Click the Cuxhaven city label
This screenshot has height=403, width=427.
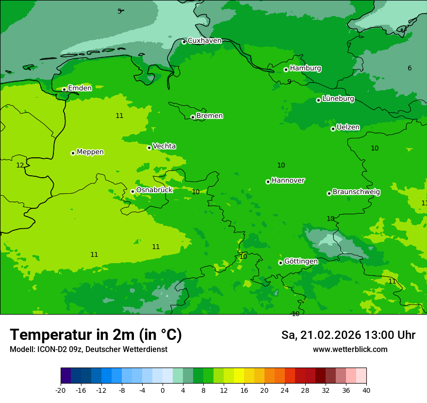[x=204, y=41]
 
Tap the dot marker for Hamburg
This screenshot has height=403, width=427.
[x=286, y=69]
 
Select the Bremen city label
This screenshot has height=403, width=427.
[x=210, y=116]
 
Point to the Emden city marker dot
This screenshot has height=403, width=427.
[x=64, y=89]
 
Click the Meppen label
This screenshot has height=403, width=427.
[x=90, y=152]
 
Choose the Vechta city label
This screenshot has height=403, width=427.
[x=164, y=146]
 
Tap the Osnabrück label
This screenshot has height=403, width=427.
[x=154, y=190]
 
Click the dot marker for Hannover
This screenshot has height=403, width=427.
[x=268, y=182]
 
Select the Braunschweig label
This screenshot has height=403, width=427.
[x=356, y=192]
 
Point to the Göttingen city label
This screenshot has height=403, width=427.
[x=301, y=261]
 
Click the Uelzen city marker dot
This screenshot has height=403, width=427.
[x=333, y=129]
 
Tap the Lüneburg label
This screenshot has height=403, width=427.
[x=338, y=99]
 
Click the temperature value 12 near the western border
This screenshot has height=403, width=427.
[x=20, y=165]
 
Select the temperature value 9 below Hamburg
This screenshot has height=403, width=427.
[x=289, y=82]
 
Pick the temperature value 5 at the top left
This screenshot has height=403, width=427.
[x=119, y=11]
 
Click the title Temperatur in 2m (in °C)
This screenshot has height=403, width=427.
[x=96, y=335]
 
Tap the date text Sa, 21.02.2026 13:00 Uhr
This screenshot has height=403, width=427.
[x=348, y=335]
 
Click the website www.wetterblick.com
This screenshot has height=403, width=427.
[x=350, y=349]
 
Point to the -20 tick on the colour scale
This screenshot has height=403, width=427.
[x=61, y=390]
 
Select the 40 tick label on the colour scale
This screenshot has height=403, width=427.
[x=366, y=390]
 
